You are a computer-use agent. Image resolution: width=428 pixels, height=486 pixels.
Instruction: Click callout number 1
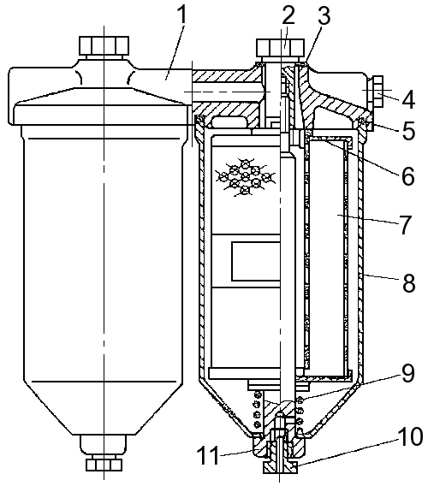tap(183, 15)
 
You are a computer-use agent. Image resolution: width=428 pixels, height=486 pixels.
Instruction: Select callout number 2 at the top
tap(288, 15)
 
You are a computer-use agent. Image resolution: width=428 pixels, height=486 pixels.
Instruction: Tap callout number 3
tap(324, 16)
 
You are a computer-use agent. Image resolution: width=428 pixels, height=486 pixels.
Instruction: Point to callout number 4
tap(408, 99)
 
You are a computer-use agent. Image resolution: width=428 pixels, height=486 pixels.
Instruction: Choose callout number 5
tap(408, 131)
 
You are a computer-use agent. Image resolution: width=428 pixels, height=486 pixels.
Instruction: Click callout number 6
tap(407, 176)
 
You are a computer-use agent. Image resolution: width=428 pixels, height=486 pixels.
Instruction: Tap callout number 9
tap(407, 373)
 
